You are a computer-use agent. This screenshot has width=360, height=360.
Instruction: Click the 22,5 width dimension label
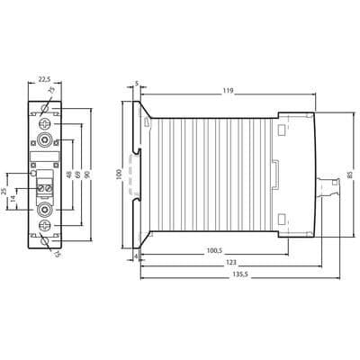pos(44,79)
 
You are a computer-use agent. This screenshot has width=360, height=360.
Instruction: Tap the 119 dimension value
pos(228,91)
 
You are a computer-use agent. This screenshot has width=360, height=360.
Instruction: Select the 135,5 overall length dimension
pos(240,274)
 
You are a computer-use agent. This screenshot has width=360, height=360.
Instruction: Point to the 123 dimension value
pos(231,262)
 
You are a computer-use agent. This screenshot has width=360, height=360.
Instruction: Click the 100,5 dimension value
pos(214,250)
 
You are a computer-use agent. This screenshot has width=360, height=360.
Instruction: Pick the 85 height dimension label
pos(350,175)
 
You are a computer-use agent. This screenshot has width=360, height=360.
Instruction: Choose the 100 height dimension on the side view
pos(119,175)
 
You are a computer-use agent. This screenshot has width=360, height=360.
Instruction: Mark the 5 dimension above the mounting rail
pos(137,84)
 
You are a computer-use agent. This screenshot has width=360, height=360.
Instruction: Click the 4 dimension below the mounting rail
pos(136,256)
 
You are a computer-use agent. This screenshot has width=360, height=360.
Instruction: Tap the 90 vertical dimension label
pos(87,175)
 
